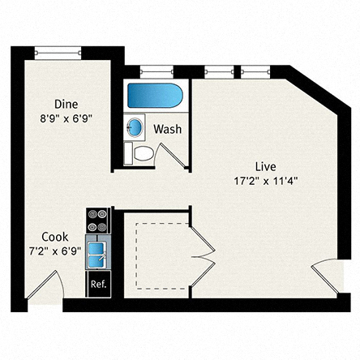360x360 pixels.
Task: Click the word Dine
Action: pyautogui.click(x=66, y=104)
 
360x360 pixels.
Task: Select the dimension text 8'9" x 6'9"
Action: pyautogui.click(x=66, y=117)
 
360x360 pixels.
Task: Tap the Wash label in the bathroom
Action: pyautogui.click(x=166, y=129)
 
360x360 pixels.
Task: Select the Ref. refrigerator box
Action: pyautogui.click(x=98, y=284)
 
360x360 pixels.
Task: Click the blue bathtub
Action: pyautogui.click(x=156, y=96)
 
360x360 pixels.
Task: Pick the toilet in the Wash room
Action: pyautogui.click(x=141, y=153)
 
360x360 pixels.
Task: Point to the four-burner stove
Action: pyautogui.click(x=98, y=219)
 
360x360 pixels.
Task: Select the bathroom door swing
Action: pyautogui.click(x=171, y=155)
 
